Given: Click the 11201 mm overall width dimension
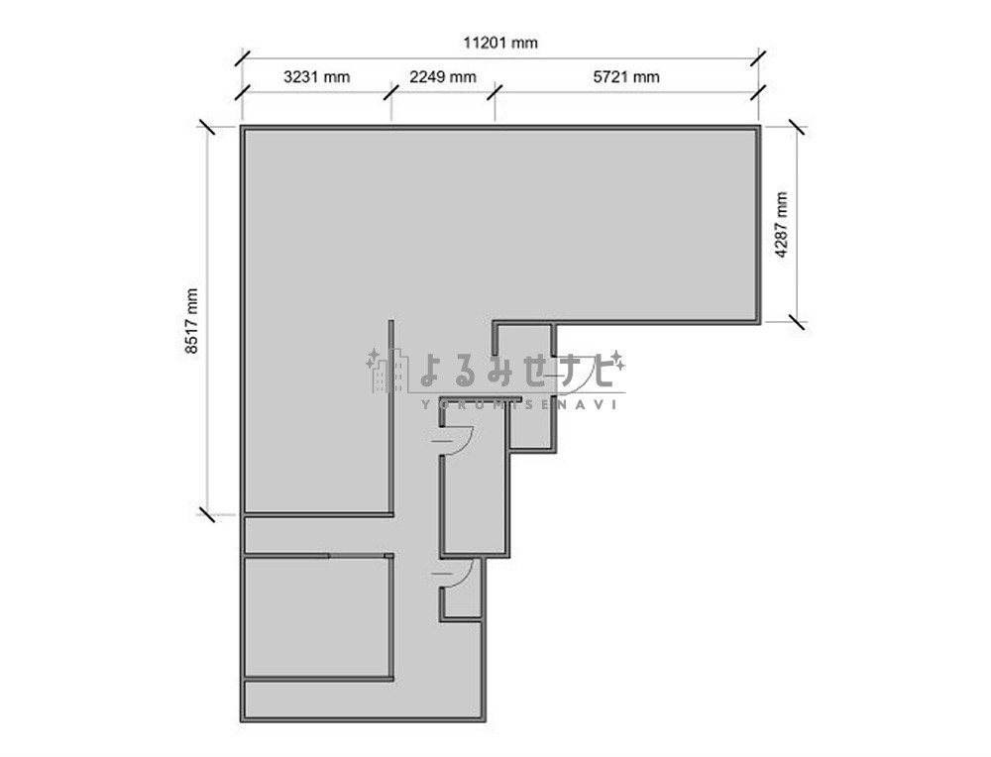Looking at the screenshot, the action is [x=499, y=43].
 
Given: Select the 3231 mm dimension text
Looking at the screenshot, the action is [x=317, y=77].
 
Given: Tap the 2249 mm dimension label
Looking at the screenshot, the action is [x=442, y=77].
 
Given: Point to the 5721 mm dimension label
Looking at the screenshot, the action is [x=626, y=77].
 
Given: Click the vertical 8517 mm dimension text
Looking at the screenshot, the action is [x=191, y=321].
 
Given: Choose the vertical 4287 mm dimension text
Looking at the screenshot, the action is [x=782, y=224].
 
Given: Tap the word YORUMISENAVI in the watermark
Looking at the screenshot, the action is [x=518, y=404].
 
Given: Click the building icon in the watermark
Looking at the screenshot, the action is [x=386, y=372].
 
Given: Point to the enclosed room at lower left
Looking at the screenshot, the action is [x=318, y=617].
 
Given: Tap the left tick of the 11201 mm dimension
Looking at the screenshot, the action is [x=243, y=58].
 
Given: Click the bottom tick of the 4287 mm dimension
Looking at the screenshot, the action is [x=797, y=322].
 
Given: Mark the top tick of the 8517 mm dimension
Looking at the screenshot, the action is [x=207, y=127].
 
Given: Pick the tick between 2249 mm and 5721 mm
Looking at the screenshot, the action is [x=495, y=93].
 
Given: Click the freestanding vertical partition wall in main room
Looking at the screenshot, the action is [x=391, y=417].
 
